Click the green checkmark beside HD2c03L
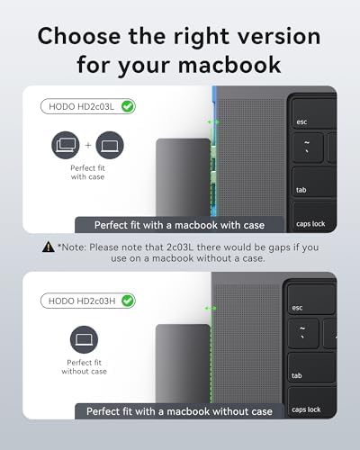128,106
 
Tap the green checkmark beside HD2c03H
129,300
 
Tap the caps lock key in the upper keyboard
310,223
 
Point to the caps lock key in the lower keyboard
306,409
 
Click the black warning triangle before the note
48,246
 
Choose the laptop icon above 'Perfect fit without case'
84,339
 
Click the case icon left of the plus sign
66,146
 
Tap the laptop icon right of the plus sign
109,146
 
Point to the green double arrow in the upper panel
212,121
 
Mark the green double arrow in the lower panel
211,308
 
